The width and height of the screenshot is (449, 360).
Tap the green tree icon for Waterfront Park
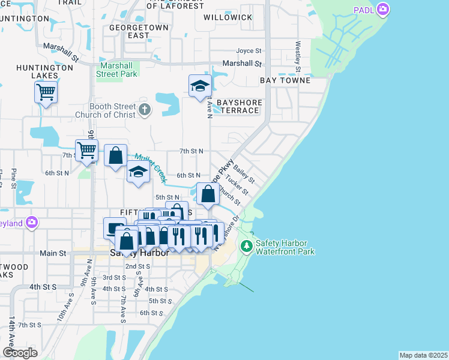(246, 246)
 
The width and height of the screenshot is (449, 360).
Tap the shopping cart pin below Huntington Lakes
(46, 92)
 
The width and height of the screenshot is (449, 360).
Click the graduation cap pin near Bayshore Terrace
(200, 86)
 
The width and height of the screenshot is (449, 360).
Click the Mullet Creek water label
(149, 167)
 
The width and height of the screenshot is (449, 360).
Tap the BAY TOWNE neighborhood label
(285, 80)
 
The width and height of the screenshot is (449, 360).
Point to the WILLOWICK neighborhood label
(228, 17)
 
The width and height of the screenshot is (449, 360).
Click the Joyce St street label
(249, 51)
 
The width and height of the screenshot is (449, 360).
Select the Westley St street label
(298, 54)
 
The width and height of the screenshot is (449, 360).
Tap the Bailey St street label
(244, 175)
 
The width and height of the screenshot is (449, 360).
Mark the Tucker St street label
(237, 188)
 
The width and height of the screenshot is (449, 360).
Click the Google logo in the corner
(20, 352)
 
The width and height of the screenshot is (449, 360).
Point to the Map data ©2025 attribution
(423, 355)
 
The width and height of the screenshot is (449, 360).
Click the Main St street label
(52, 254)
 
